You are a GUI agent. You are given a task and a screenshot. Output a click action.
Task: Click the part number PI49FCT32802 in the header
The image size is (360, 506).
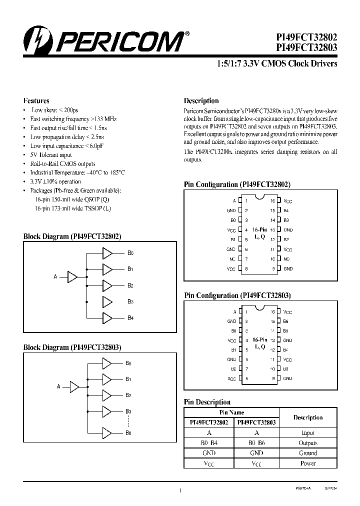click(x=306, y=37)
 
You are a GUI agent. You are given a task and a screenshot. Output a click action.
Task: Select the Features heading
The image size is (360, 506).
click(x=36, y=100)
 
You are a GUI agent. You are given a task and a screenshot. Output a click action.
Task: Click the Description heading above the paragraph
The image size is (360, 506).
click(x=201, y=100)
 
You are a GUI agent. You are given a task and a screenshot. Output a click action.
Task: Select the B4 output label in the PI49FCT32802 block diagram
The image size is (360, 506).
click(x=130, y=317)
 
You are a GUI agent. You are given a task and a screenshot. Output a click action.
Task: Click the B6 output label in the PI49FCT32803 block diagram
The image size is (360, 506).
click(x=128, y=432)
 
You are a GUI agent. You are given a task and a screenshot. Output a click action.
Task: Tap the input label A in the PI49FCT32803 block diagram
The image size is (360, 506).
click(x=58, y=386)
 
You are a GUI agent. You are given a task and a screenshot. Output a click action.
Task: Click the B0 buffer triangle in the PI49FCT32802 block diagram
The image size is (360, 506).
click(x=107, y=253)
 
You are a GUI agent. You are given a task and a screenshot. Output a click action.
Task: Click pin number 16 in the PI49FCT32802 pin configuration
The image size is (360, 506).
click(x=273, y=201)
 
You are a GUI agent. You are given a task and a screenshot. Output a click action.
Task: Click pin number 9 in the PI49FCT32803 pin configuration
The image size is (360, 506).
click(x=273, y=378)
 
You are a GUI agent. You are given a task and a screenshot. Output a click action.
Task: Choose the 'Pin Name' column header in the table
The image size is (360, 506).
click(x=231, y=412)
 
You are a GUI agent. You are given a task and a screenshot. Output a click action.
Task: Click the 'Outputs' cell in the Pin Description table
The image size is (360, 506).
click(x=308, y=443)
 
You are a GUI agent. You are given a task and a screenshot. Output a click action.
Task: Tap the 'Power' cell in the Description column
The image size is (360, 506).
click(x=308, y=463)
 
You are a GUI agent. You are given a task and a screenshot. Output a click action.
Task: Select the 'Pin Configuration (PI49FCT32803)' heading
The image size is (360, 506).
click(x=237, y=295)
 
